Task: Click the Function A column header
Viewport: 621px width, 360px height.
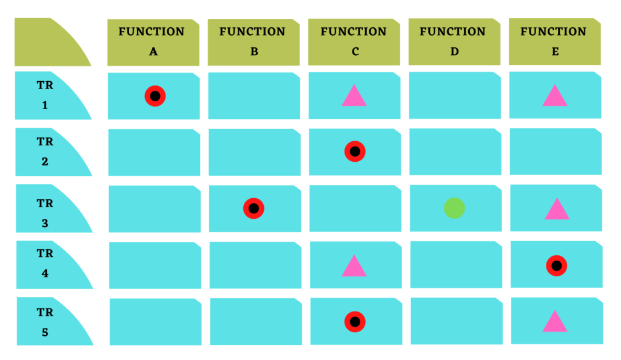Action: (153, 42)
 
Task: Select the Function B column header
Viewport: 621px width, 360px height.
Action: (254, 42)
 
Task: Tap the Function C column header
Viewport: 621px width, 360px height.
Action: (354, 42)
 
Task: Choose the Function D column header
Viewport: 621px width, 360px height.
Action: (454, 42)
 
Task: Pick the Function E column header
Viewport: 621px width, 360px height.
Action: (555, 41)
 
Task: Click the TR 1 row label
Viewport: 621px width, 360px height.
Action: (45, 95)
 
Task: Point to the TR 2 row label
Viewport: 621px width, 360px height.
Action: (45, 152)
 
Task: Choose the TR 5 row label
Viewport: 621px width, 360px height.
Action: (45, 321)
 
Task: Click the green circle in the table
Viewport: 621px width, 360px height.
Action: (454, 208)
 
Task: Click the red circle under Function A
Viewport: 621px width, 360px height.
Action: (155, 96)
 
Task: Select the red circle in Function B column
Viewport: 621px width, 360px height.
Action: (253, 208)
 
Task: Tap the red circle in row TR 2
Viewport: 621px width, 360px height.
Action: (355, 152)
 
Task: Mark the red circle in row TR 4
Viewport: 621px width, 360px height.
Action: (557, 265)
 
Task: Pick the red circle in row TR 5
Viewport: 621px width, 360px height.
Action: (355, 322)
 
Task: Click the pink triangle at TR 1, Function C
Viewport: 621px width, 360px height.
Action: (354, 98)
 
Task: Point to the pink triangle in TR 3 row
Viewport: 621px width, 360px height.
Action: (557, 211)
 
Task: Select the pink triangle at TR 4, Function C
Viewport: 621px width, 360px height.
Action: (354, 268)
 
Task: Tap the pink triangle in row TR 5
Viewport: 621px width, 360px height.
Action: (555, 323)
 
